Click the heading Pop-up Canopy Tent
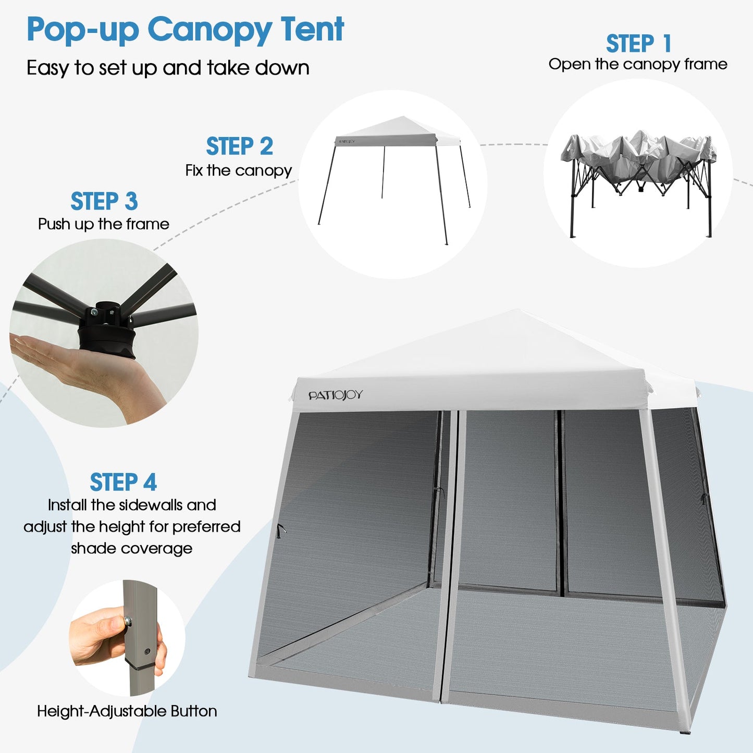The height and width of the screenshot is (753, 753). (x=185, y=30)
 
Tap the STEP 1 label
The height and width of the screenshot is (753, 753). (x=638, y=44)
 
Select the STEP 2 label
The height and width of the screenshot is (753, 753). (x=239, y=146)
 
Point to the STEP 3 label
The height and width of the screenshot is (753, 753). (x=104, y=202)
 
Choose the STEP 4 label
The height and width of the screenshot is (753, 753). (x=123, y=482)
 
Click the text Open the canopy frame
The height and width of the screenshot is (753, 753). (x=638, y=64)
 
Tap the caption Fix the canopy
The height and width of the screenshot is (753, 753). (x=239, y=170)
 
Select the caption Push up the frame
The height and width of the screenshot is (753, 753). (x=104, y=224)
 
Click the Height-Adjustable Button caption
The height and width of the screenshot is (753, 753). (x=127, y=711)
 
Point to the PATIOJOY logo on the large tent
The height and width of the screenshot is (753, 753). (x=335, y=396)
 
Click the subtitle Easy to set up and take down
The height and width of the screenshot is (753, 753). (x=168, y=68)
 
